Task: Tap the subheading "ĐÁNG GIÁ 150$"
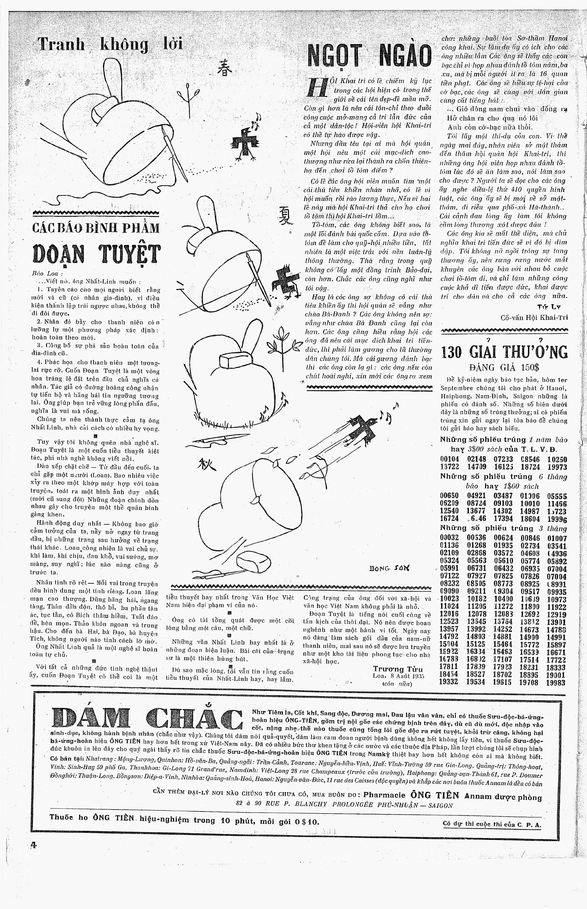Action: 504,368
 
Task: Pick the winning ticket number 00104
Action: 449,459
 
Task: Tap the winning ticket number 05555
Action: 557,497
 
